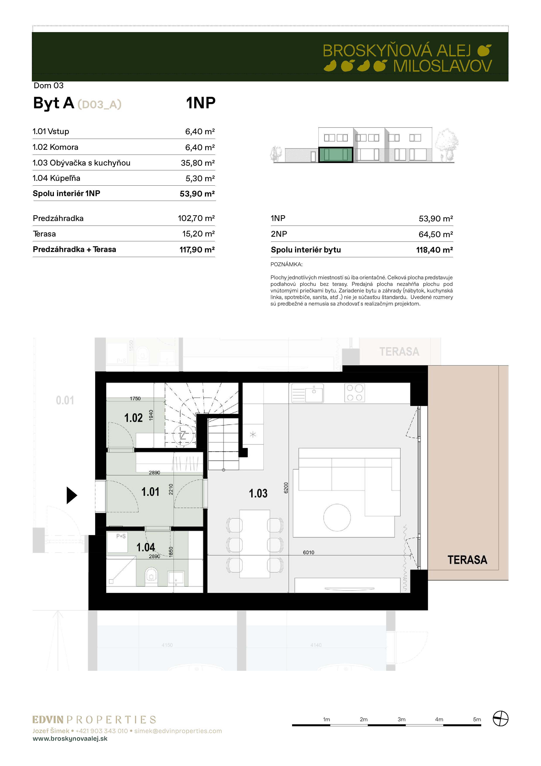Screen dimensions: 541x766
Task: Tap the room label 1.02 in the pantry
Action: tap(133, 418)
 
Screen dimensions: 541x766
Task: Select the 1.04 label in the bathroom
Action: tap(146, 547)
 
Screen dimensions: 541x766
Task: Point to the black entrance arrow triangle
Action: tap(72, 495)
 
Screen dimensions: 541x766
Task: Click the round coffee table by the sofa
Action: tap(337, 518)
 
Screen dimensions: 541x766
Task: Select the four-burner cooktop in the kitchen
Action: tap(354, 393)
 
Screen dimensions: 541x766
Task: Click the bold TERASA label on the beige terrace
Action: tap(467, 559)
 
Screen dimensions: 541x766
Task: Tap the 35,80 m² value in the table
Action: tap(198, 163)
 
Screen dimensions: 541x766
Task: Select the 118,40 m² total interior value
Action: tap(434, 250)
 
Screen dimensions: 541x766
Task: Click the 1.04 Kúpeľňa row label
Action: tap(56, 178)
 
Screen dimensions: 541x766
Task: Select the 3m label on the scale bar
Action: tap(401, 719)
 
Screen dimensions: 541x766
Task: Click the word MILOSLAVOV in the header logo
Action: tap(442, 66)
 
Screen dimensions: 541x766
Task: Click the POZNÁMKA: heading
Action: tap(286, 264)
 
